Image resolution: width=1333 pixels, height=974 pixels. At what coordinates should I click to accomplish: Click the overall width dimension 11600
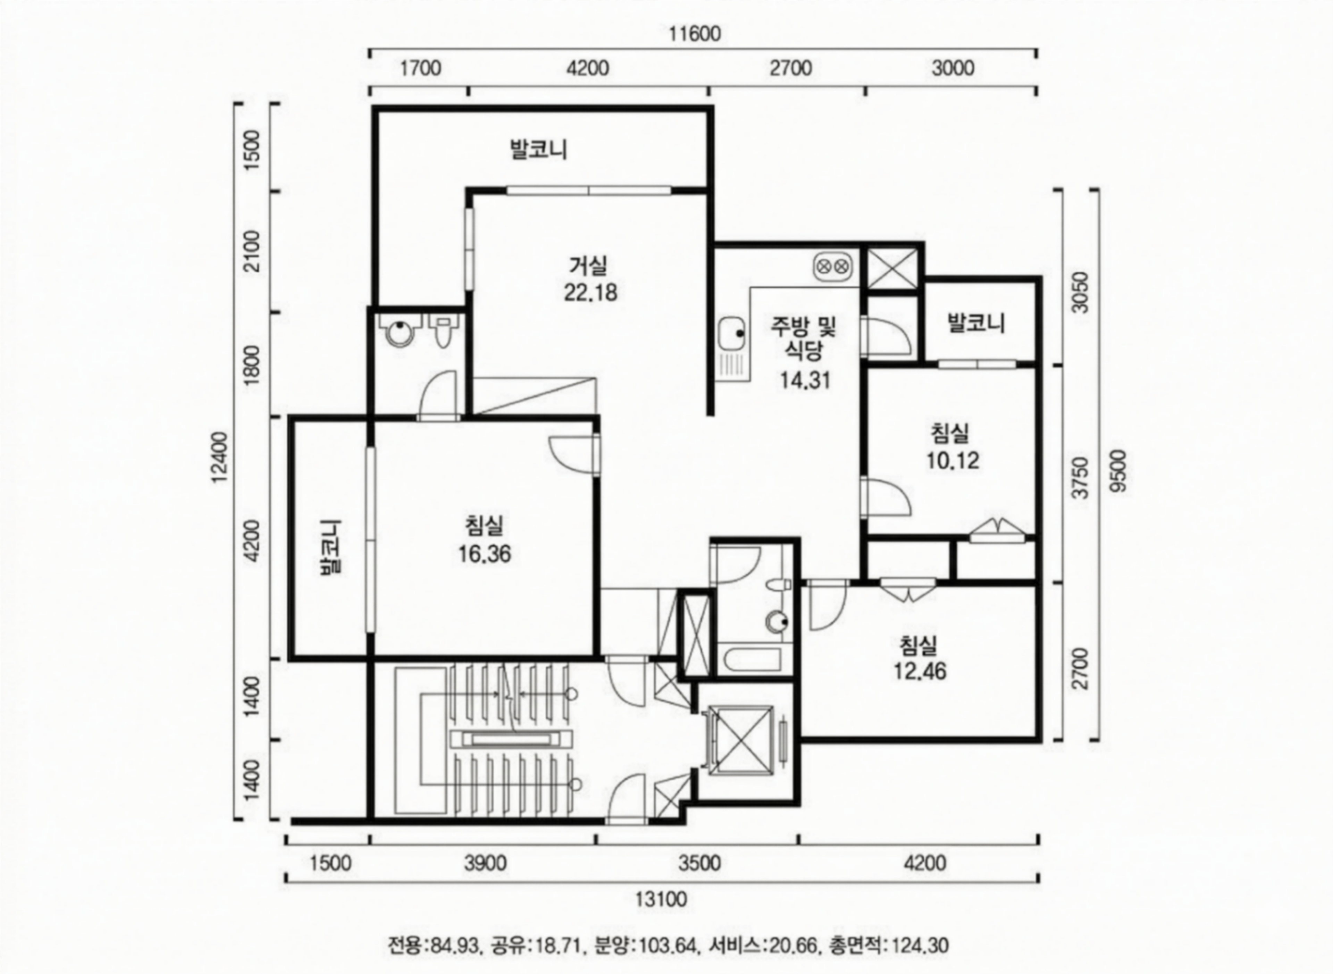click(x=695, y=34)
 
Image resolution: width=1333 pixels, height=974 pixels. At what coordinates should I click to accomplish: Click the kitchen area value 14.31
click(x=805, y=380)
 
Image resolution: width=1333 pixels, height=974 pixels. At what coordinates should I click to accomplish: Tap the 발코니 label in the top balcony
click(x=539, y=150)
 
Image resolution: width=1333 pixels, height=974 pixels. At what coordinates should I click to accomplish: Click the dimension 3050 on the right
click(x=1080, y=292)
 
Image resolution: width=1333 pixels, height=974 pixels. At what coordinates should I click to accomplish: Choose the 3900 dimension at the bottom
click(x=485, y=863)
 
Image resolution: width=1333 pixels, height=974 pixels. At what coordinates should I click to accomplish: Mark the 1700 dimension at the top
click(x=420, y=68)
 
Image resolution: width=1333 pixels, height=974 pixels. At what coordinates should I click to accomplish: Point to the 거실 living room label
click(x=588, y=265)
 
